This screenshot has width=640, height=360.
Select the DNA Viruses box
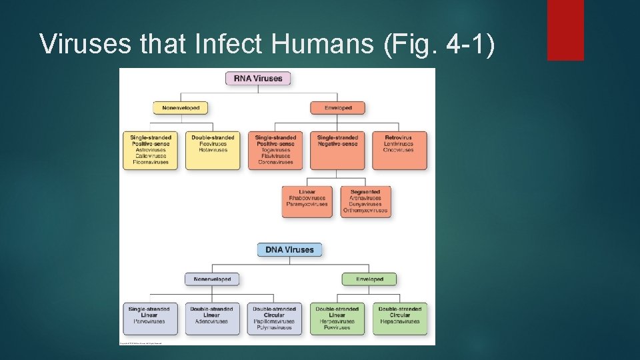(x=289, y=250)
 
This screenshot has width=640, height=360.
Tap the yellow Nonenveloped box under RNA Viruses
(x=180, y=107)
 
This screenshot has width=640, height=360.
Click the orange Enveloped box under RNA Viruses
(x=338, y=107)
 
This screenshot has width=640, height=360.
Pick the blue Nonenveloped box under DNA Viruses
(x=211, y=279)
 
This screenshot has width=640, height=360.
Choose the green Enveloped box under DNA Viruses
(x=369, y=279)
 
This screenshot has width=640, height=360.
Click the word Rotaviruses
(x=213, y=150)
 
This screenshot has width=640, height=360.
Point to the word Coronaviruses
(x=275, y=162)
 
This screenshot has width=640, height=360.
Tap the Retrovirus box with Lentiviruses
(x=399, y=150)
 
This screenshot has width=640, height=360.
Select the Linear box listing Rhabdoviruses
(x=307, y=201)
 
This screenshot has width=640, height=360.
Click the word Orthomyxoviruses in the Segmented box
(x=365, y=211)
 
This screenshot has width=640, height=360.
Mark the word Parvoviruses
(x=149, y=321)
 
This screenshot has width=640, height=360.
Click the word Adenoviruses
(x=212, y=321)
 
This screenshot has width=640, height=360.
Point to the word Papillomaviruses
(x=275, y=321)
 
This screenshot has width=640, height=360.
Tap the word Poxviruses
(x=337, y=327)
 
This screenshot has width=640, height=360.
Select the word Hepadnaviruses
(x=399, y=321)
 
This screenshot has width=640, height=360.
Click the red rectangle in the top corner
(x=565, y=29)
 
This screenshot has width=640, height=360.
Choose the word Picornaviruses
(x=151, y=162)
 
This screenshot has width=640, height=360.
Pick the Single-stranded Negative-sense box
(x=337, y=150)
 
